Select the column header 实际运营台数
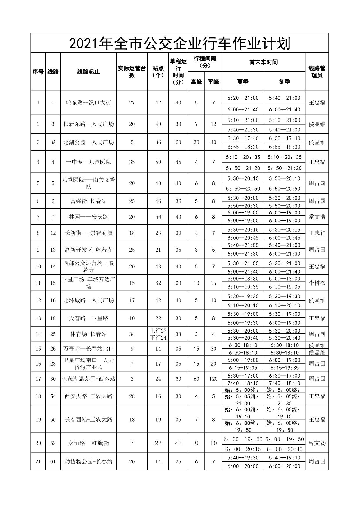click(x=132, y=72)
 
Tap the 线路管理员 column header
click(x=317, y=72)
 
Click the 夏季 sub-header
click(x=243, y=82)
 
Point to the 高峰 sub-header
click(x=196, y=82)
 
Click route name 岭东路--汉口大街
click(x=88, y=102)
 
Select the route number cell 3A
click(x=53, y=142)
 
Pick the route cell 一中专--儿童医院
click(x=88, y=162)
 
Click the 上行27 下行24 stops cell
click(x=158, y=334)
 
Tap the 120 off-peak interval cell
click(x=213, y=379)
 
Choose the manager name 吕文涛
click(x=317, y=443)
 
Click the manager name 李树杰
click(x=317, y=283)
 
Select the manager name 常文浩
click(x=317, y=217)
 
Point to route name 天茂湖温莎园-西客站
click(x=88, y=379)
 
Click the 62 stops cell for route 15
click(x=158, y=283)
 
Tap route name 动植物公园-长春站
click(x=88, y=461)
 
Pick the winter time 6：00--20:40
click(x=285, y=449)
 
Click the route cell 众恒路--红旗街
click(x=88, y=443)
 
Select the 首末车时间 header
click(x=263, y=62)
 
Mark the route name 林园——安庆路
click(x=88, y=217)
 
